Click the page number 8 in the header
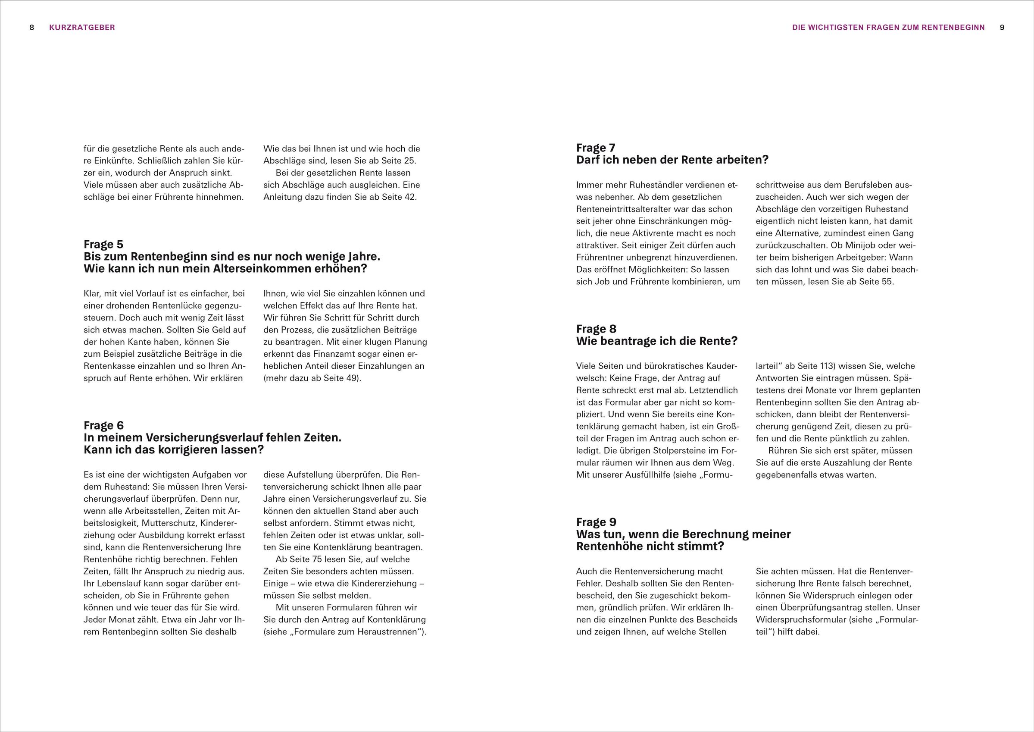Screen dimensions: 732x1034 coord(32,28)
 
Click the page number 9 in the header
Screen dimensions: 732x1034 coord(1002,28)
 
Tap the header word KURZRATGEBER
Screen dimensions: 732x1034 coord(82,28)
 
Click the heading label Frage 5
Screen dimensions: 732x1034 coord(103,244)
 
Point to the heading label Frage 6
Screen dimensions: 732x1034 coord(103,425)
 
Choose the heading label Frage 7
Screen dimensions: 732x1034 coord(596,148)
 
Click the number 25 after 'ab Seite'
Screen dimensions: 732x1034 coord(410,161)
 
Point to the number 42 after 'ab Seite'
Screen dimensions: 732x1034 coord(410,197)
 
